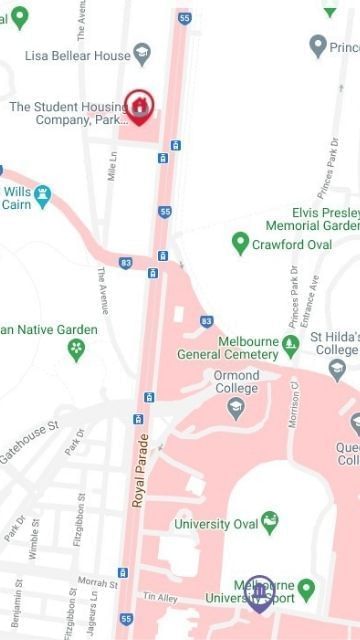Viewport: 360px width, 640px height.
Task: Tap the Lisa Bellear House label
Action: [x=78, y=56]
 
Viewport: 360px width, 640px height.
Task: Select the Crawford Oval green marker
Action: [x=240, y=244]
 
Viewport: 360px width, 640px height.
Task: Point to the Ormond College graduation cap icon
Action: [x=236, y=407]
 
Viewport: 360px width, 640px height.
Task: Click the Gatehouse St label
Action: [x=28, y=442]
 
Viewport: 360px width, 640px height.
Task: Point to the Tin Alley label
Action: [x=159, y=597]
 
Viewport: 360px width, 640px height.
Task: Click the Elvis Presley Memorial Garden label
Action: [x=324, y=219]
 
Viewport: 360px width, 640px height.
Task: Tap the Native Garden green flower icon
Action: [x=76, y=350]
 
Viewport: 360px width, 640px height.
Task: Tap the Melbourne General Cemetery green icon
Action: [x=290, y=346]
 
